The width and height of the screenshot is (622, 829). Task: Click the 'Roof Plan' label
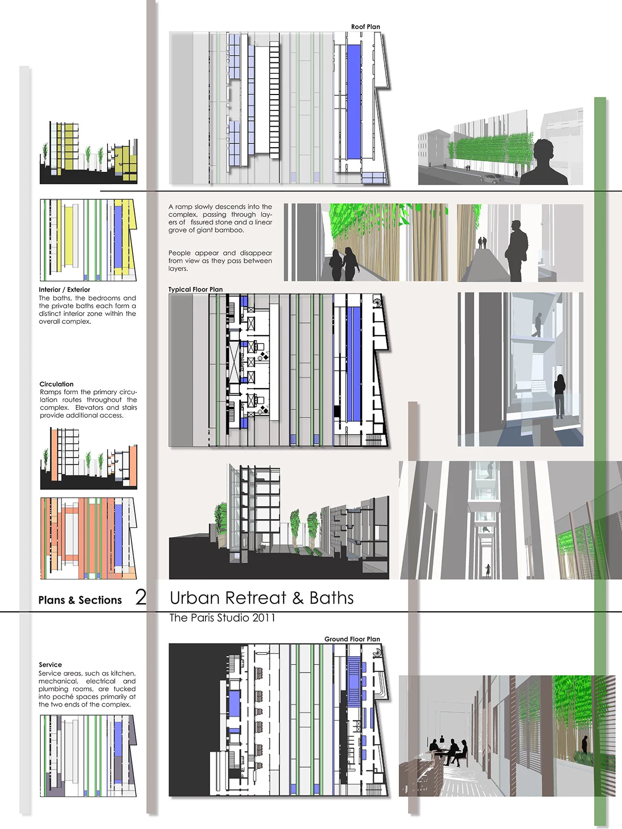tap(365, 27)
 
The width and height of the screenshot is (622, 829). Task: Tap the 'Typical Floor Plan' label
tap(195, 289)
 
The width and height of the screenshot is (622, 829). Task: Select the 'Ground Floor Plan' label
tap(352, 639)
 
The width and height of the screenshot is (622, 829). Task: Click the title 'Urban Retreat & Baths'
tap(262, 598)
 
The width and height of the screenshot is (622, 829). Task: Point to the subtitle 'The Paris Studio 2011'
tap(222, 618)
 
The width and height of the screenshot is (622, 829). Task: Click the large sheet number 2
tap(141, 597)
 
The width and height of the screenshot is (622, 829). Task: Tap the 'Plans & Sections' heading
tap(80, 600)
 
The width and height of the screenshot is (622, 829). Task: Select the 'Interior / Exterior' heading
tap(64, 290)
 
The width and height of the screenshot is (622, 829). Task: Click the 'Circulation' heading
tap(57, 384)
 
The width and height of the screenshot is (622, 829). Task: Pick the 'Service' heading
tap(50, 665)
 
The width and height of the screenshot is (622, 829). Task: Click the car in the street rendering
tap(491, 178)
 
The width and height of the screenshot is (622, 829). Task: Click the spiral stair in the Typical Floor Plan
tap(379, 302)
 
